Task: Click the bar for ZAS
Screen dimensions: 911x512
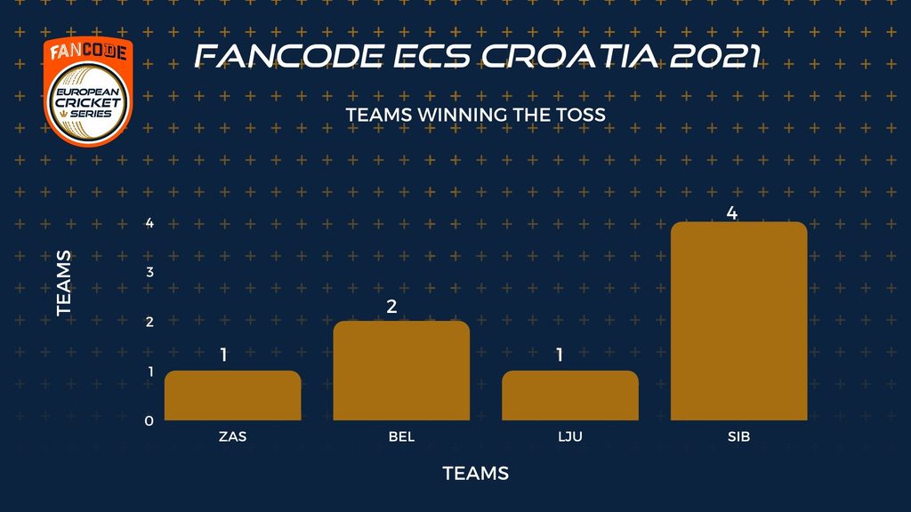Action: [x=232, y=396]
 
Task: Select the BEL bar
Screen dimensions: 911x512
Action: [x=401, y=371]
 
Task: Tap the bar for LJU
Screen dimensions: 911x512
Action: [x=570, y=396]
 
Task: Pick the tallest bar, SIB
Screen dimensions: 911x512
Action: [x=739, y=321]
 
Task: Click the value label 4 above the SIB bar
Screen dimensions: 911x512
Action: [x=732, y=213]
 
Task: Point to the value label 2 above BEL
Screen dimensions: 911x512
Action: [x=391, y=306]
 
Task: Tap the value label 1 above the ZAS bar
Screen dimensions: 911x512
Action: [x=223, y=355]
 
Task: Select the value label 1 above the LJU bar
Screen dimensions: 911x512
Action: [x=560, y=355]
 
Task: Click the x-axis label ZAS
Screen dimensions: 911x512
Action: [x=232, y=436]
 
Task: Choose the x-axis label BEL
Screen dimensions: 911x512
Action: [x=401, y=436]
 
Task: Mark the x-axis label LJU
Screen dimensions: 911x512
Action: [x=570, y=436]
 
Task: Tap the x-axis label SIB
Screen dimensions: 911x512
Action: [x=739, y=436]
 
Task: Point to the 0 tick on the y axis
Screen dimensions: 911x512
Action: [x=149, y=420]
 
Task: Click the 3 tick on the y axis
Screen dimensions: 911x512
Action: [x=149, y=272]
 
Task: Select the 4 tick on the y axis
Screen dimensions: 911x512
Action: [x=149, y=222]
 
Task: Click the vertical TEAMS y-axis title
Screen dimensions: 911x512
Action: [x=64, y=284]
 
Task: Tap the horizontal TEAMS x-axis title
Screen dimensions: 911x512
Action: [x=476, y=473]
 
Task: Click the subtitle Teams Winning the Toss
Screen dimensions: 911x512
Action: [x=476, y=115]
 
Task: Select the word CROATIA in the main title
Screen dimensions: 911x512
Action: [x=570, y=56]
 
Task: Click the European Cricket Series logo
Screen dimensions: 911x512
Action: [x=88, y=92]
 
